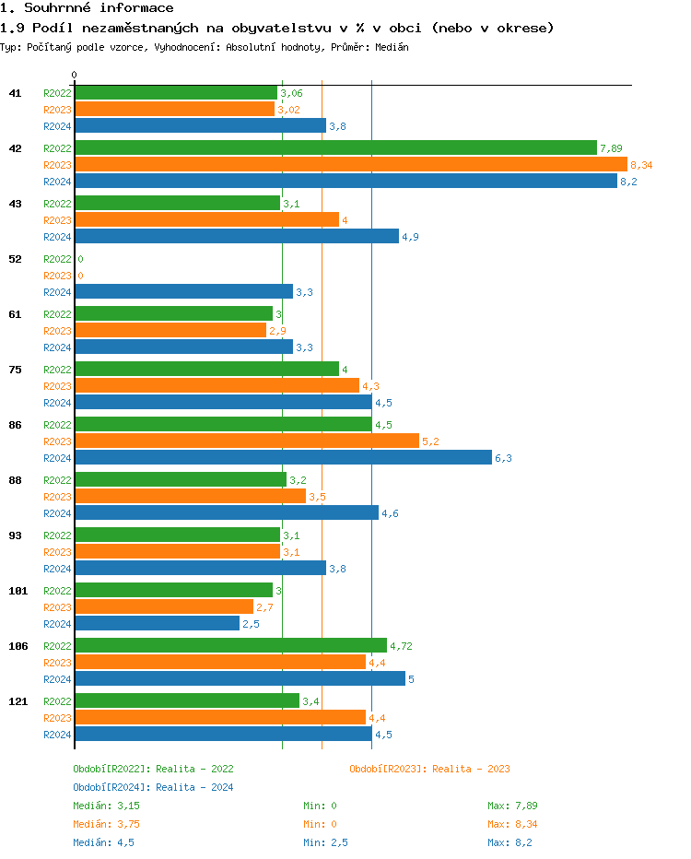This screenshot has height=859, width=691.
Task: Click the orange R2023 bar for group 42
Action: tap(350, 165)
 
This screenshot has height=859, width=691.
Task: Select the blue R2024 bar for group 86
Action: tap(283, 458)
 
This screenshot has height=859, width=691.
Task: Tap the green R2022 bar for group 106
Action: tap(230, 646)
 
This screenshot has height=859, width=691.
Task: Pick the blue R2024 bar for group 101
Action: tap(157, 624)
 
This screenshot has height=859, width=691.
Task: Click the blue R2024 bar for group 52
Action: tap(183, 292)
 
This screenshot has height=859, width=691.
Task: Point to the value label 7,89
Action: tap(612, 148)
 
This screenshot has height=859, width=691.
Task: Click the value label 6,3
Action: tap(503, 458)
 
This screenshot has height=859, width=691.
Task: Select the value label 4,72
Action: tap(401, 646)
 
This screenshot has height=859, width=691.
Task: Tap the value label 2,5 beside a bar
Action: tap(251, 624)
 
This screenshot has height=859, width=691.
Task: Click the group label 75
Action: tap(15, 370)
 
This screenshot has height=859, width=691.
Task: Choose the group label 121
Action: tap(18, 701)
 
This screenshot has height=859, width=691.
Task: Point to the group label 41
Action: tap(15, 93)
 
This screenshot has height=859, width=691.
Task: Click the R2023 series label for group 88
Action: tap(57, 497)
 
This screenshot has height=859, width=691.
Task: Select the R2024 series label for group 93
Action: tap(57, 569)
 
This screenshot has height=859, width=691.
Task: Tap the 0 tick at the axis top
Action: tap(75, 75)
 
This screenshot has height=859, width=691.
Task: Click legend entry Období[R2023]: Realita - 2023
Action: tap(429, 769)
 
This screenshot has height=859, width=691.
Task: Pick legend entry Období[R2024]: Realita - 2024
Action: tap(153, 787)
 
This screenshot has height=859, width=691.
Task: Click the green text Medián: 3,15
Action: tap(106, 806)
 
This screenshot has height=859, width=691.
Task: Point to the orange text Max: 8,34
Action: tap(509, 824)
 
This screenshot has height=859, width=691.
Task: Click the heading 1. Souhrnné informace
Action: tap(87, 8)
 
